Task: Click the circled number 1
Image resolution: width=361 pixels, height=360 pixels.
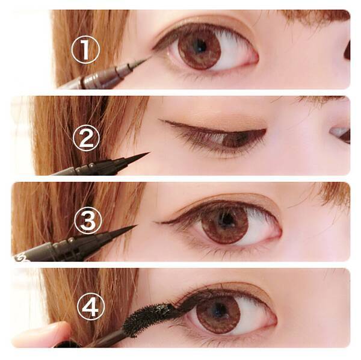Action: (x=85, y=49)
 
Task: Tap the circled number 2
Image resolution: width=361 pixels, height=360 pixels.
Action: (x=86, y=138)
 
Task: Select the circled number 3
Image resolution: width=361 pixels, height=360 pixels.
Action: (x=88, y=220)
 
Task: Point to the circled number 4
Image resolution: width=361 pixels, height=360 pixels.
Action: (x=91, y=306)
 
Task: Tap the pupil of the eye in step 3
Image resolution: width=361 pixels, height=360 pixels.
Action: (x=226, y=219)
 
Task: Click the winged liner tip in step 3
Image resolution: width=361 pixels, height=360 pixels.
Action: (x=155, y=222)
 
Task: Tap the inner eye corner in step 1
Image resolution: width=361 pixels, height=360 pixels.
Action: (x=257, y=59)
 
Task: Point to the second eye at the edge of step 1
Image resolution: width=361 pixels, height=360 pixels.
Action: (x=347, y=50)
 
